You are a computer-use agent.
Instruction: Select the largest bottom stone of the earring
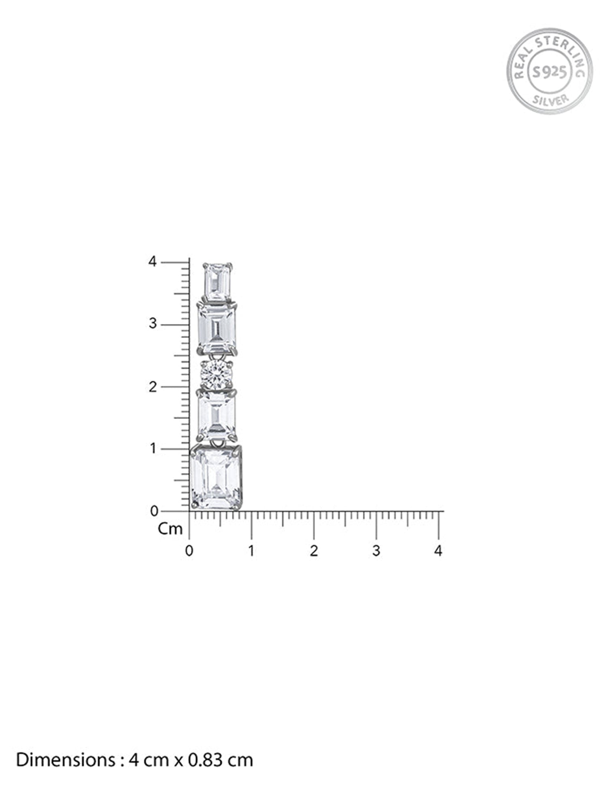click(x=216, y=478)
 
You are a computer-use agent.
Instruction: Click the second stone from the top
click(x=217, y=329)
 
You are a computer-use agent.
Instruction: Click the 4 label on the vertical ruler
click(x=152, y=262)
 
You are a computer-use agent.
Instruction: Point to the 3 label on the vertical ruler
click(x=152, y=324)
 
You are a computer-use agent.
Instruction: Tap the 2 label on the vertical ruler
click(x=152, y=387)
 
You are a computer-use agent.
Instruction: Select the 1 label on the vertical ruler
click(x=153, y=449)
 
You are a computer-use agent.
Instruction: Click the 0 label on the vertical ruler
click(x=154, y=511)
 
